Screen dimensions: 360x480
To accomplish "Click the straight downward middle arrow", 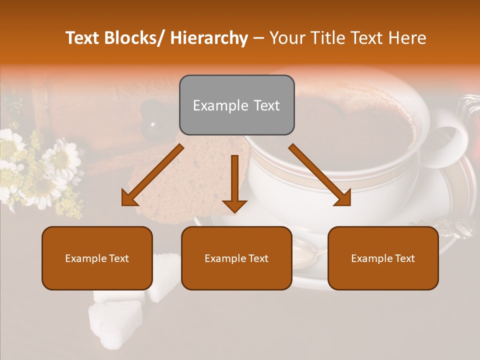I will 234,183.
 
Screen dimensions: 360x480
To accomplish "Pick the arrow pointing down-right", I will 320,175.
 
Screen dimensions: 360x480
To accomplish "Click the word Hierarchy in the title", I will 209,38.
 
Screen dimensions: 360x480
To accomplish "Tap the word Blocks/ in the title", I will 132,38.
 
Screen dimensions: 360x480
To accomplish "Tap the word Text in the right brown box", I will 404,258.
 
